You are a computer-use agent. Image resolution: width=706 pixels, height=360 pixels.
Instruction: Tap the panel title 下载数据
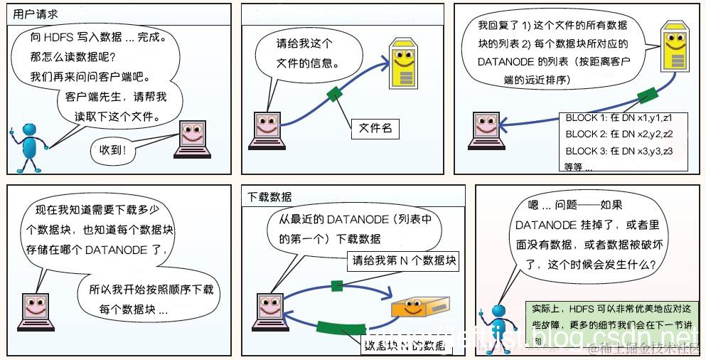(269, 196)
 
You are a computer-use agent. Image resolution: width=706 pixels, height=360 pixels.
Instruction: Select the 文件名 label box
(375, 128)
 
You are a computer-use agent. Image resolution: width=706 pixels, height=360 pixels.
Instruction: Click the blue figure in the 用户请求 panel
(29, 146)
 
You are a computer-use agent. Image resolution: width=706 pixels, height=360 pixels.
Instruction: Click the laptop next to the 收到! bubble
(194, 139)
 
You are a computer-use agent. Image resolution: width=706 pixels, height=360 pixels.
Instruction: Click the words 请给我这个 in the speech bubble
(304, 44)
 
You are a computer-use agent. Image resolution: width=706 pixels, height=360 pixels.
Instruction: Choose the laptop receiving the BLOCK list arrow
(486, 129)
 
